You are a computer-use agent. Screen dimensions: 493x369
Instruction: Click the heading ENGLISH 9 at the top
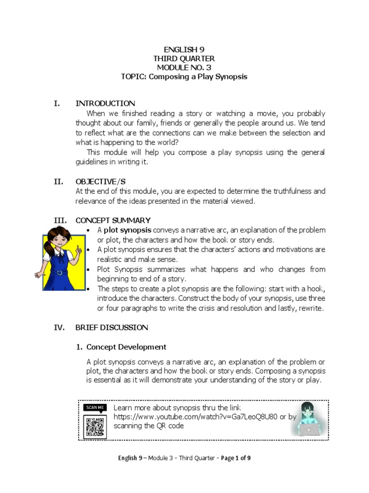184,49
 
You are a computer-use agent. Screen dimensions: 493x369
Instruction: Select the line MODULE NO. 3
184,67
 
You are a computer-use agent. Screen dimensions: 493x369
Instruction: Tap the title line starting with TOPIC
184,77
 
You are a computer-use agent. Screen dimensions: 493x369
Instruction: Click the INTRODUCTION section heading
105,104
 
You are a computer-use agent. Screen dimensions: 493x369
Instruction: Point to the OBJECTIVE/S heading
100,182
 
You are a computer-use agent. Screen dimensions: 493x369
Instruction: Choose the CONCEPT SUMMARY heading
113,221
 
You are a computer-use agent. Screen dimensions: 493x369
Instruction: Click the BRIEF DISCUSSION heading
111,327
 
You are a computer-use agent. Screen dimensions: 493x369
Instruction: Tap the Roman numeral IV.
59,327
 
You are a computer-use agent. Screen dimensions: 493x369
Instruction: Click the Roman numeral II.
58,182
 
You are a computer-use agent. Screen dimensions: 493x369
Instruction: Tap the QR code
95,427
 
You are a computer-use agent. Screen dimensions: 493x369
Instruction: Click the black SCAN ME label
95,407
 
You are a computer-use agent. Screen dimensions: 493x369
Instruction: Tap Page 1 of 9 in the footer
236,458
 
